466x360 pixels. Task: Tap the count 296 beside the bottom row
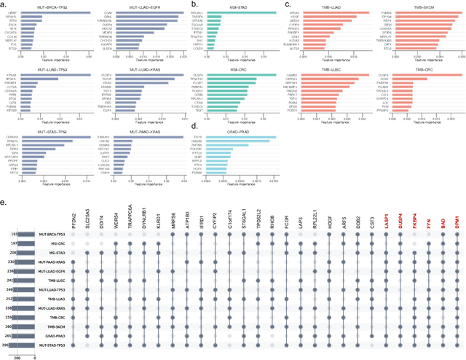pyautogui.click(x=13, y=345)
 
